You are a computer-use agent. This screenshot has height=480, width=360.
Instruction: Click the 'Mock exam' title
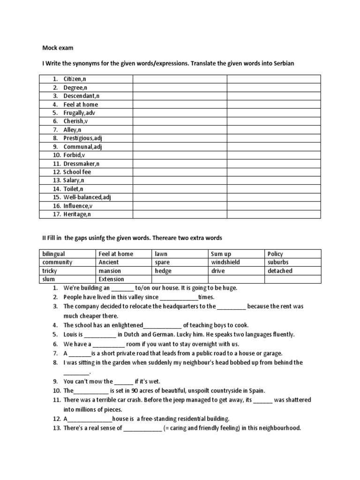(x=58, y=48)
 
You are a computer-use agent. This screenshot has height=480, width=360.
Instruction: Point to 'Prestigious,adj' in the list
(x=83, y=138)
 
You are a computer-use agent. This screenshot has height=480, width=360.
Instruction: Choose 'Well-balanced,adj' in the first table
(x=87, y=197)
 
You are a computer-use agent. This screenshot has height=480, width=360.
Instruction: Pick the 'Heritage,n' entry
(x=77, y=214)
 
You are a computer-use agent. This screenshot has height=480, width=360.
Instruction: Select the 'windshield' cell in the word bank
(x=225, y=262)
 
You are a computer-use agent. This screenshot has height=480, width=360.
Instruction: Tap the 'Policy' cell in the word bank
(x=275, y=254)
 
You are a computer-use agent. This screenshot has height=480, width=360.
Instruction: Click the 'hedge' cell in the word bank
(x=163, y=271)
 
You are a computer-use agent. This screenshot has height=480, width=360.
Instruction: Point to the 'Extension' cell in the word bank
(x=111, y=279)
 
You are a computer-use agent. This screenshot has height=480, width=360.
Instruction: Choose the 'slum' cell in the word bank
(x=49, y=279)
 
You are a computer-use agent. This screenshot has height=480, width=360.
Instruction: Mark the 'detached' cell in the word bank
(x=280, y=271)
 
